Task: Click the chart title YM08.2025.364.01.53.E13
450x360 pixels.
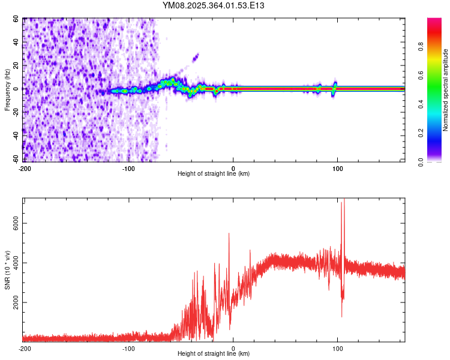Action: pyautogui.click(x=214, y=5)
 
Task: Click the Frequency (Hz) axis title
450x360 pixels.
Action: pyautogui.click(x=7, y=90)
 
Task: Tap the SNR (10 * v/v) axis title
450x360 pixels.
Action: pyautogui.click(x=7, y=270)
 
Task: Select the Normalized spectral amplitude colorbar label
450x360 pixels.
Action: pyautogui.click(x=445, y=90)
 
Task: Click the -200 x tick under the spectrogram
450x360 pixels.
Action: pyautogui.click(x=25, y=169)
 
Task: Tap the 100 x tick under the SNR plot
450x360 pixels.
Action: pyautogui.click(x=338, y=349)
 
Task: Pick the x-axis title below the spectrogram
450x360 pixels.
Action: pyautogui.click(x=214, y=174)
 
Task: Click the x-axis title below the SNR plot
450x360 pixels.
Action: pyautogui.click(x=214, y=355)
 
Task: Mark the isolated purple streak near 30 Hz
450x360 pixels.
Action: pyautogui.click(x=195, y=58)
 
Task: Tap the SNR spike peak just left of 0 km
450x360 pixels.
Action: pyautogui.click(x=229, y=234)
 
